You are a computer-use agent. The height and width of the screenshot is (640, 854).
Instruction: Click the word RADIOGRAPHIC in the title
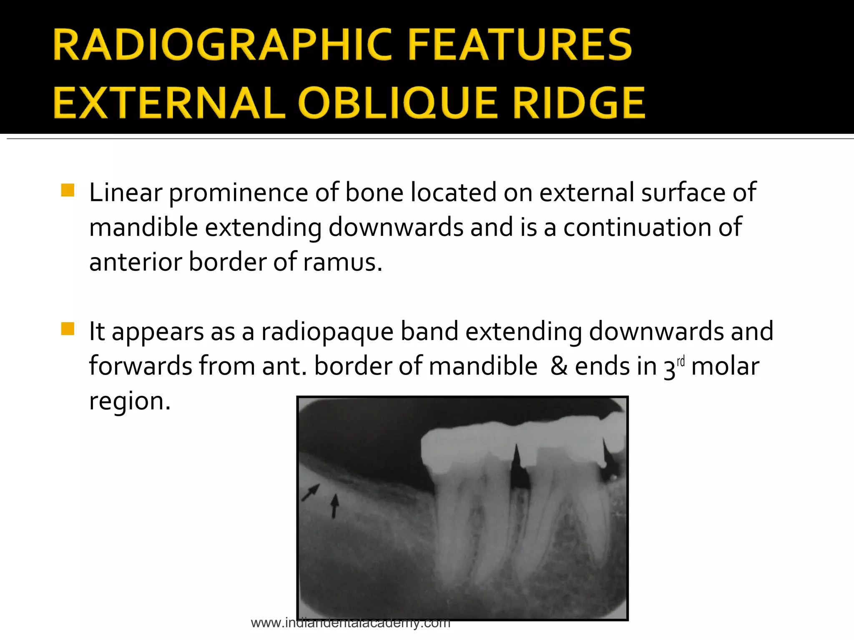coord(224,45)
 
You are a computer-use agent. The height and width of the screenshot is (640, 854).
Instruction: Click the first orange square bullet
coord(68,190)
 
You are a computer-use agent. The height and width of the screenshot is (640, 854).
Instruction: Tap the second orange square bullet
coord(68,329)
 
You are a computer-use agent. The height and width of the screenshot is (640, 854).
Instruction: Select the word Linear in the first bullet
coord(125,192)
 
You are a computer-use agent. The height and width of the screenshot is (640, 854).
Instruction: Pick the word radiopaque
coord(327,332)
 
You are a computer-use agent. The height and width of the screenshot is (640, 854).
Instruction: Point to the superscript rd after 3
coord(681,361)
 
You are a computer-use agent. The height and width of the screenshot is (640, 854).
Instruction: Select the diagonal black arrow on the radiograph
coord(310,492)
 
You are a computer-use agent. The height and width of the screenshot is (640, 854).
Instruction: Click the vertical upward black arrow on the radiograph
coord(334,506)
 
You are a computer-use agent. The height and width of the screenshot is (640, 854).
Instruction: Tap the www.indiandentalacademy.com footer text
coord(350,623)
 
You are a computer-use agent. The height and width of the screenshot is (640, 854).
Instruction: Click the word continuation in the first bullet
coord(653,227)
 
